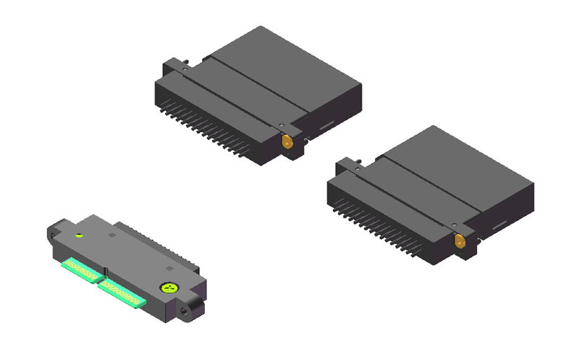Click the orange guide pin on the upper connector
(x=287, y=141)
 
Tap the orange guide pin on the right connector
(x=460, y=243)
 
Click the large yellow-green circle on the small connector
(x=168, y=287)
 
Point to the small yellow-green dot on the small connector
(x=80, y=236)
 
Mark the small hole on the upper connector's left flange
(x=185, y=69)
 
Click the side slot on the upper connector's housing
(x=327, y=128)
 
